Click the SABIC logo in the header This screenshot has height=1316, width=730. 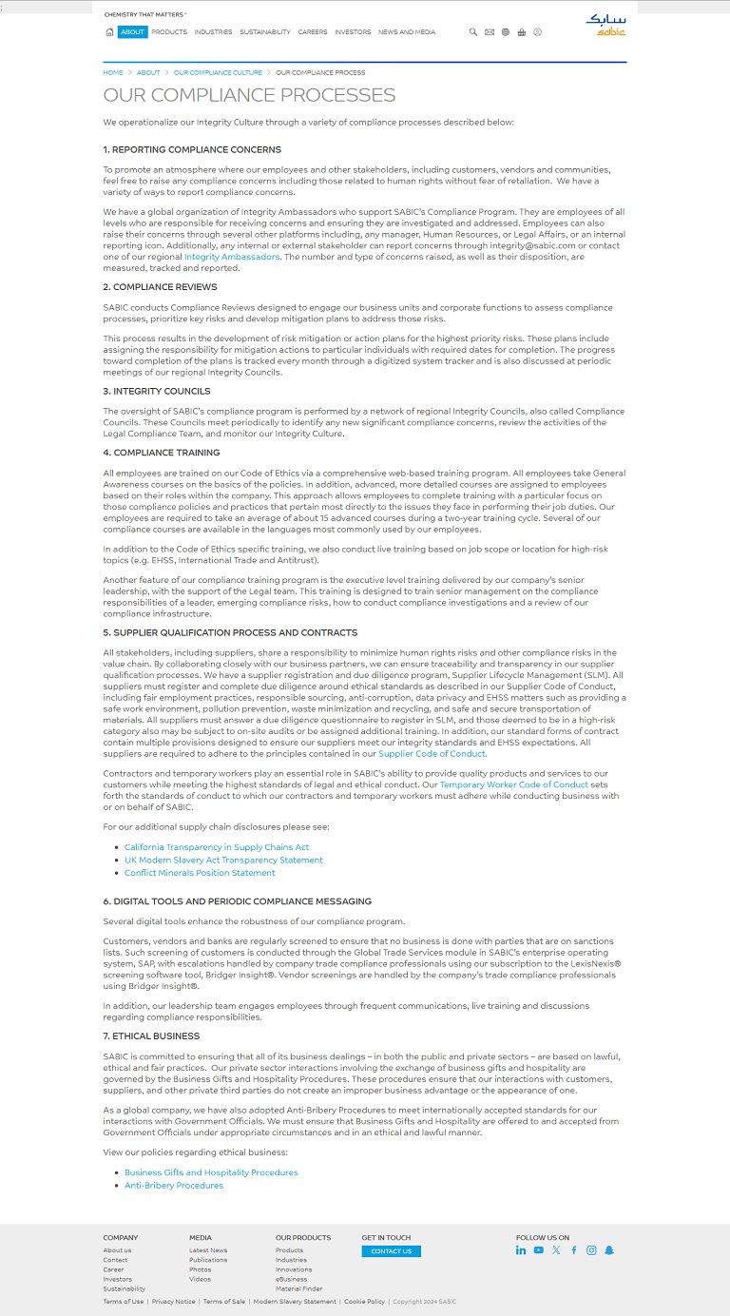tap(605, 24)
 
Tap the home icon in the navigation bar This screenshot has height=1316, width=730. tap(109, 31)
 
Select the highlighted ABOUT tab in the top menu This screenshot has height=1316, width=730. tap(133, 31)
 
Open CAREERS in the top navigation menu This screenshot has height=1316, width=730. tap(313, 31)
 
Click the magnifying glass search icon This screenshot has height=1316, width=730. tap(473, 31)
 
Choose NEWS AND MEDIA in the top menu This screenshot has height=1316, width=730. tap(407, 31)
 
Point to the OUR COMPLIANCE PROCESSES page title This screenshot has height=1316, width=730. tap(249, 95)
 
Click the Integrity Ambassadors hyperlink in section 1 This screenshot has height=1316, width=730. tap(232, 257)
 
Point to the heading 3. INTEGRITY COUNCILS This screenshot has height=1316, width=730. tap(157, 391)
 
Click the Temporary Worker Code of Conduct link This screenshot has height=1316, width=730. tap(514, 784)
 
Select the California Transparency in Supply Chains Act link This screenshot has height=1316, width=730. tap(217, 847)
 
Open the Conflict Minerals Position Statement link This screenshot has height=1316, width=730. tap(200, 873)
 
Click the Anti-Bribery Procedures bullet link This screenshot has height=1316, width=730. tap(174, 1186)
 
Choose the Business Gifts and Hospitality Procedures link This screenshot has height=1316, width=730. tap(211, 1172)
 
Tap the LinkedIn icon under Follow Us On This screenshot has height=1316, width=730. tap(521, 1250)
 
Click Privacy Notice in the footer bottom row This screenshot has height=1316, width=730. tap(173, 1302)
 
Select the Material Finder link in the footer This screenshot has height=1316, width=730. tap(298, 1288)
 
